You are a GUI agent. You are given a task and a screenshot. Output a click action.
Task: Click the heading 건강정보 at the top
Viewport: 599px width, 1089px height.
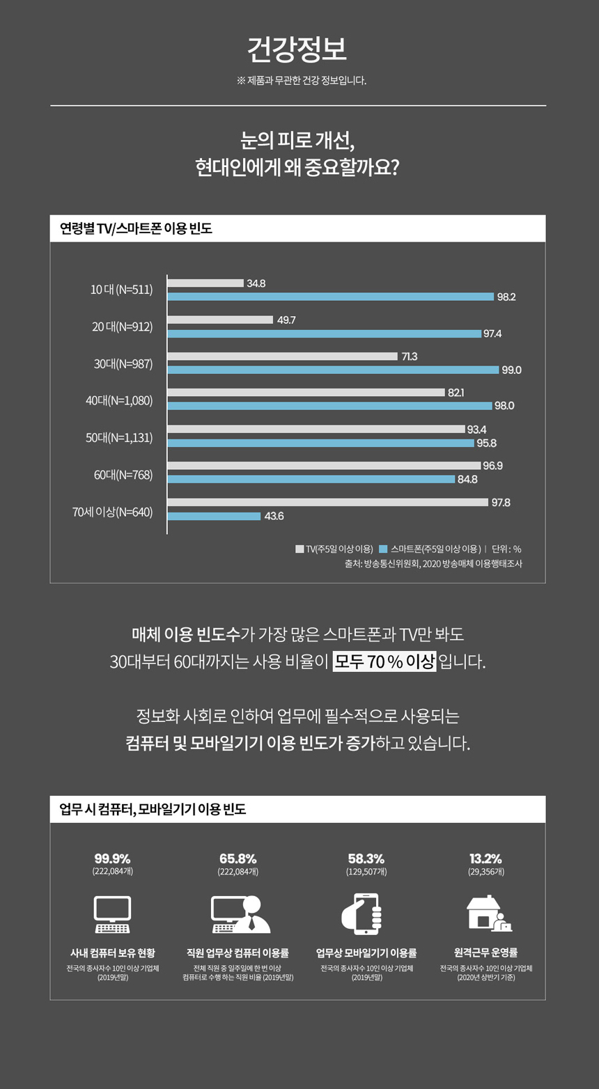point(297,49)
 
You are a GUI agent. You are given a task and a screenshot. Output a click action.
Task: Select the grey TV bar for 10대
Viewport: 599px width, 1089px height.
point(205,283)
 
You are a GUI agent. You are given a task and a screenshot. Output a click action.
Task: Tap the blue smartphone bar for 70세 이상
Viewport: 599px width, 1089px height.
point(214,516)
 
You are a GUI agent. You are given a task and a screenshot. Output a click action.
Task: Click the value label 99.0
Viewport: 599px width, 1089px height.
point(511,370)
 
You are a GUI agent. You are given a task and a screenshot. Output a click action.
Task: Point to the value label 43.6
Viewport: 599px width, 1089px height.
point(273,517)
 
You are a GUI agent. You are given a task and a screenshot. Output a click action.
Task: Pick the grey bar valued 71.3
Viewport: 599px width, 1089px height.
point(282,357)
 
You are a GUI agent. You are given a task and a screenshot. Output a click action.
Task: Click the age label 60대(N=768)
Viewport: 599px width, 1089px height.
point(123,475)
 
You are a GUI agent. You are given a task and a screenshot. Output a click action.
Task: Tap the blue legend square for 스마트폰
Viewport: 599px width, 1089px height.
point(383,549)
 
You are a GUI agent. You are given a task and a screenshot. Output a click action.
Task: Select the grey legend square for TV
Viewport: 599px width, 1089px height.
point(299,549)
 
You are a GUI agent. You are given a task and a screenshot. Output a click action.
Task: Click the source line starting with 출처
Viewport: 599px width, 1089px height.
point(433,563)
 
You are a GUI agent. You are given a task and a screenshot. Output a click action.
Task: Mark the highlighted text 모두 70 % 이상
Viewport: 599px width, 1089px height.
point(384,660)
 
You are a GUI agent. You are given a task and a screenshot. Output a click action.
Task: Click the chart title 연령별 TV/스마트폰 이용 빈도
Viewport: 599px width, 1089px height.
point(136,228)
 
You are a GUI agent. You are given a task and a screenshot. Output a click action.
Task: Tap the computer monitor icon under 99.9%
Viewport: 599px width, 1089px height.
point(112,914)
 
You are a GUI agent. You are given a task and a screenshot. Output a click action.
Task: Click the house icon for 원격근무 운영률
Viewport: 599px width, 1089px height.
point(488,913)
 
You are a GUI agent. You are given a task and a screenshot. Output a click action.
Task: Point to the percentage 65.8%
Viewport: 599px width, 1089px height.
point(238,858)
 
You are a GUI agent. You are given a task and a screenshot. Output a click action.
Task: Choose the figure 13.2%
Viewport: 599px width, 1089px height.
point(486,858)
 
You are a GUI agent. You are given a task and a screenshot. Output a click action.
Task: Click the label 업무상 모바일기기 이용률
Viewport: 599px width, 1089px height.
point(366,953)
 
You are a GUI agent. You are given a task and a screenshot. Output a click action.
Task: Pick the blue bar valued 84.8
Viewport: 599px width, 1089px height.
point(311,479)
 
